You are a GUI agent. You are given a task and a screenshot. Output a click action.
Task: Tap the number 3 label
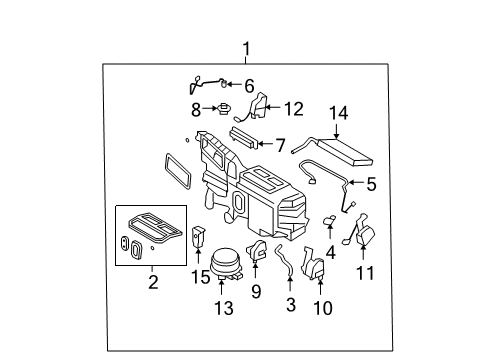tap(291, 302)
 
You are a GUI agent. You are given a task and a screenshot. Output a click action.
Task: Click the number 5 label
tap(371, 184)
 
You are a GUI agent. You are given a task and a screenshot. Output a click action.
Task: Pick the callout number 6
tap(249, 86)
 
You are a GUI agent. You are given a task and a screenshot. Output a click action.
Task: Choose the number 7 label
tap(280, 146)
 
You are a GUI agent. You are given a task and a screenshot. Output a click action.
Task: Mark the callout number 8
tap(197, 108)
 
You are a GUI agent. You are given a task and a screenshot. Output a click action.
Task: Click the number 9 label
tap(256, 292)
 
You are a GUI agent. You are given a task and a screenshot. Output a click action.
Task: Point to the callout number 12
tap(292, 108)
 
